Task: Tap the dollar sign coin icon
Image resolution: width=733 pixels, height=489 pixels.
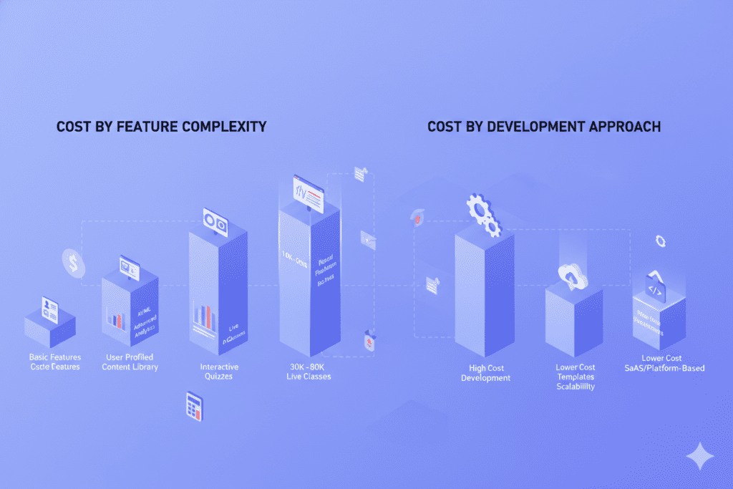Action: tap(73, 263)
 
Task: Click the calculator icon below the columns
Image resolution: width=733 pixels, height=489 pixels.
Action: tap(194, 405)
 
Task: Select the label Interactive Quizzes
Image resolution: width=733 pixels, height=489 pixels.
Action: tap(219, 372)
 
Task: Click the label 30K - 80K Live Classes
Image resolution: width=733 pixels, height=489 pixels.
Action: tap(309, 372)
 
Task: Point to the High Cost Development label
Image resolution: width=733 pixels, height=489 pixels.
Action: tap(485, 372)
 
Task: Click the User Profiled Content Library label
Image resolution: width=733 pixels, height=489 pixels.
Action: tap(130, 362)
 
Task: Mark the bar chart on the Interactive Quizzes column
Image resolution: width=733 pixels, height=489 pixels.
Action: tap(204, 316)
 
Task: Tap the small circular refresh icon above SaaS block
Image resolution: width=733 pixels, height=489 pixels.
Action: tap(660, 242)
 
